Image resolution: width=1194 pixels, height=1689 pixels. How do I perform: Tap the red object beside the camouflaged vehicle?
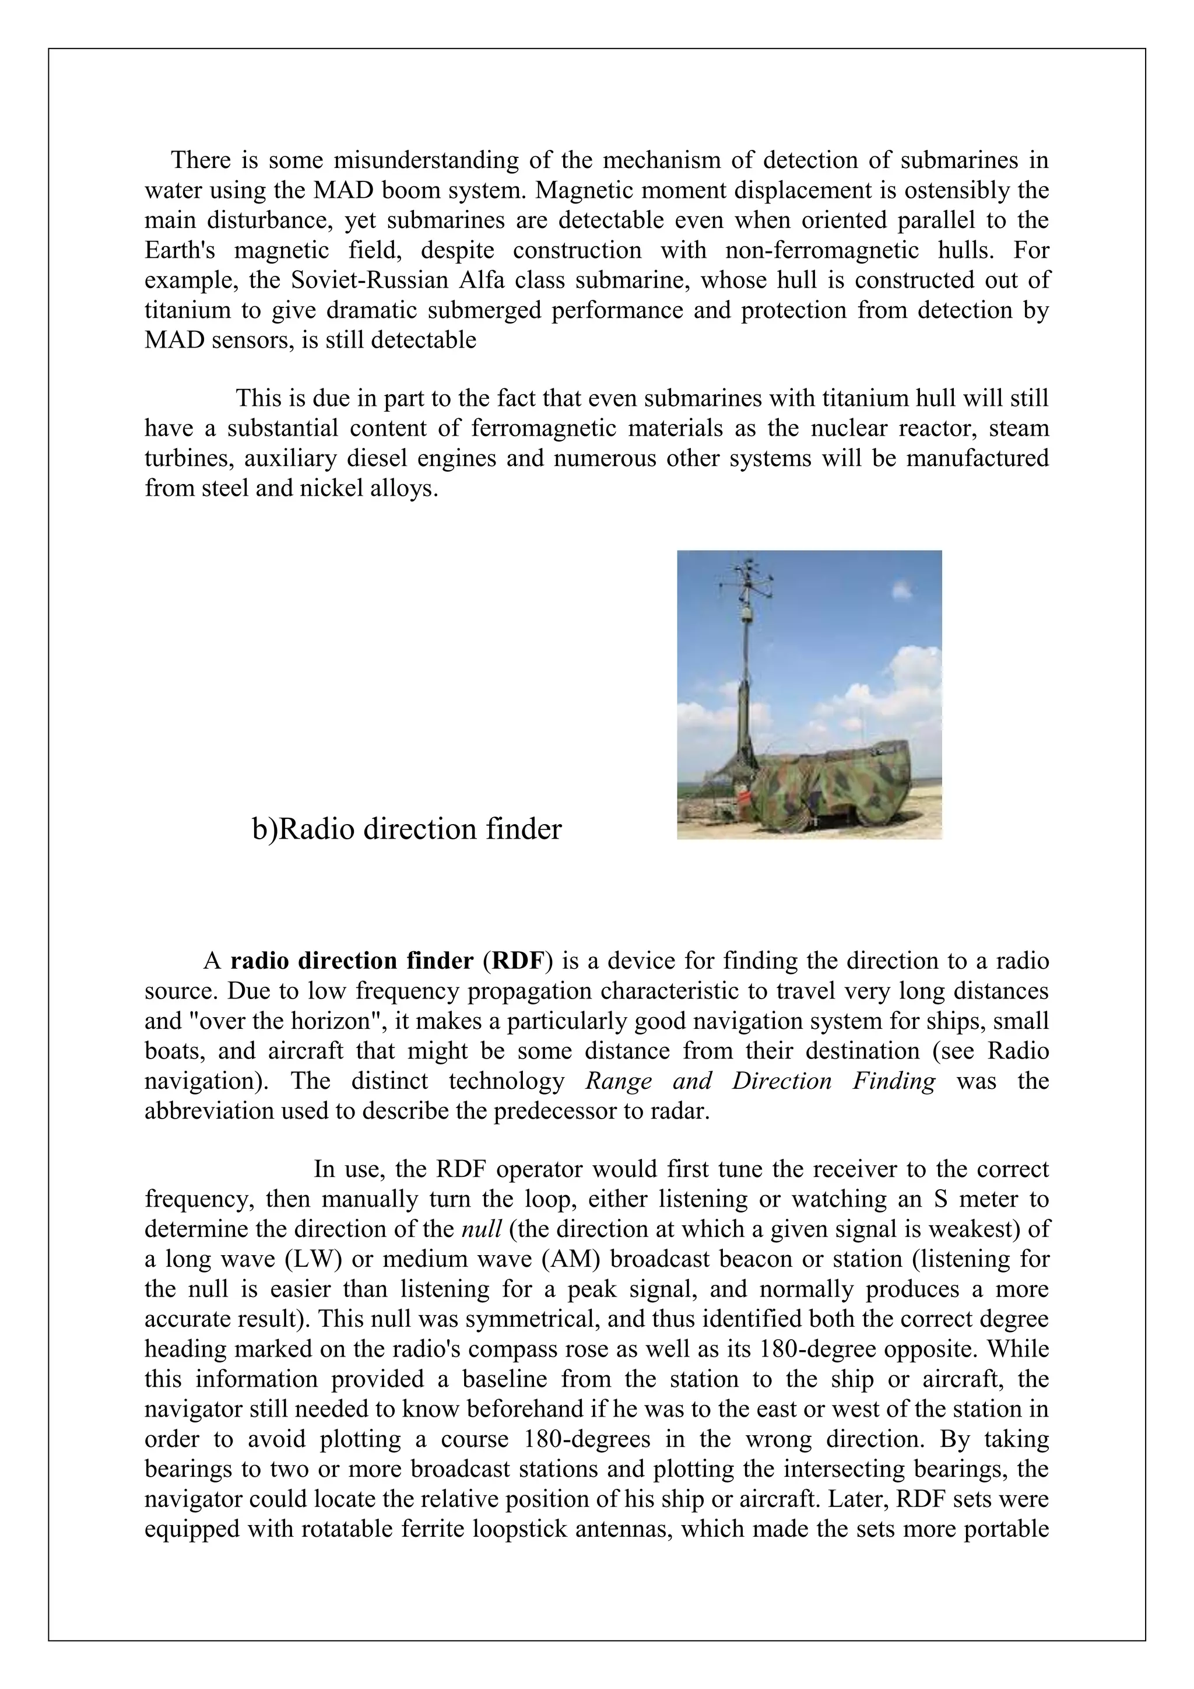click(746, 797)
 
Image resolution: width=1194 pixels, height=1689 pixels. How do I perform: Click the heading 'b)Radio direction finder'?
click(406, 829)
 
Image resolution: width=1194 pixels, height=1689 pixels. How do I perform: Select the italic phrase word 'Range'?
click(619, 1081)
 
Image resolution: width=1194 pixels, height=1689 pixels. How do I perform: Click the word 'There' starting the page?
click(201, 160)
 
